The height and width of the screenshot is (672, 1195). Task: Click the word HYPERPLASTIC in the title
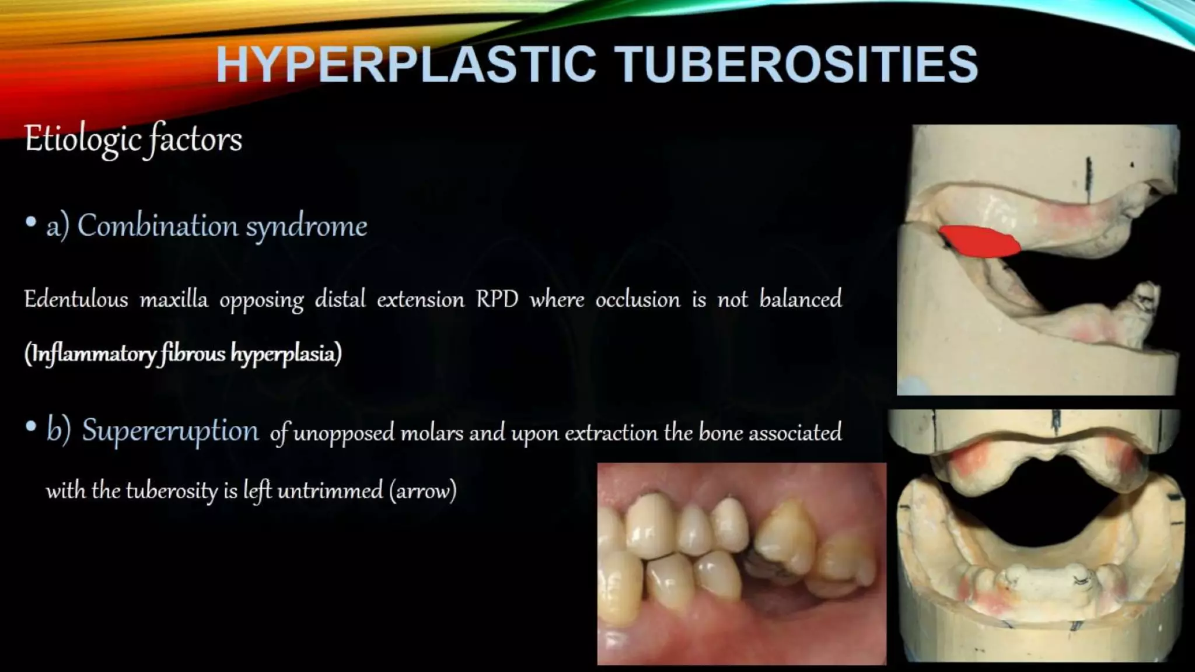coord(406,64)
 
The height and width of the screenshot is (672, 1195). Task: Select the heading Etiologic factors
coord(133,140)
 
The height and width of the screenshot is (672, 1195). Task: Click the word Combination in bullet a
coord(157,226)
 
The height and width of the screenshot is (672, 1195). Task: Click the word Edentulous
coord(76,299)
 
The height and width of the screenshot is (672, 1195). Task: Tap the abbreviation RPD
coord(497,299)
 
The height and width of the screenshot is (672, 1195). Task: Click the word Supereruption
coord(170,430)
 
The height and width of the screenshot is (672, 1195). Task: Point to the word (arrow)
coord(423,491)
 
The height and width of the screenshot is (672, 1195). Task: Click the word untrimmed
coord(330,491)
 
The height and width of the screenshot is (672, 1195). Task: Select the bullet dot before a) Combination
coord(31,222)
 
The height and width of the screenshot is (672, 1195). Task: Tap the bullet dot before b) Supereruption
coord(31,427)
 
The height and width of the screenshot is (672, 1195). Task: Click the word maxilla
coord(173,299)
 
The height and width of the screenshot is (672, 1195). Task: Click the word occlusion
coord(638,299)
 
